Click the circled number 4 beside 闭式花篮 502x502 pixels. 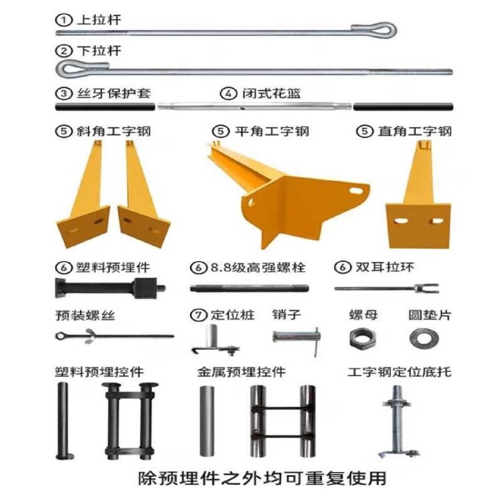pos(228,93)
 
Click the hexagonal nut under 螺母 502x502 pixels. pos(363,339)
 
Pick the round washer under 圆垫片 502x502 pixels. pos(424,339)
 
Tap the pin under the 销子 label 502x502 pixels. pos(296,337)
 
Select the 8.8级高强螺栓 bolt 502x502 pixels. pos(249,288)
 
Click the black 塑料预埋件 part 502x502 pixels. pos(110,288)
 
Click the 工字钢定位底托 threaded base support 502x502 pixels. pos(397,422)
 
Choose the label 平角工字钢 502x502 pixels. pos(272,131)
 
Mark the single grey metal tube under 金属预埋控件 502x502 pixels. pos(207,421)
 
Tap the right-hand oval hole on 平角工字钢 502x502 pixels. pos(356,191)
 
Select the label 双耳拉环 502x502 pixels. pos(385,267)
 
